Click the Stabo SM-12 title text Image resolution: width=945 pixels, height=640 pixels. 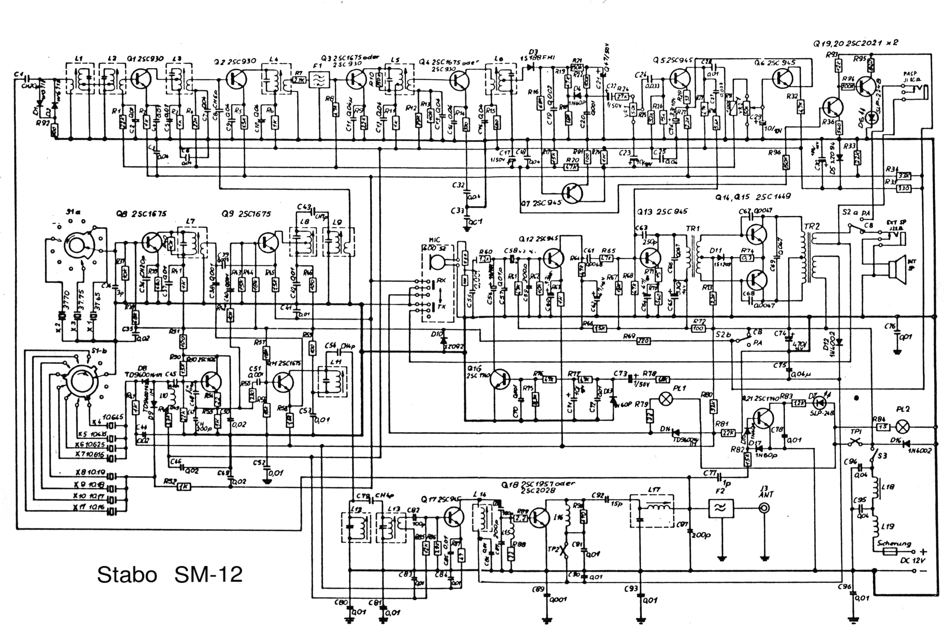click(170, 574)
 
